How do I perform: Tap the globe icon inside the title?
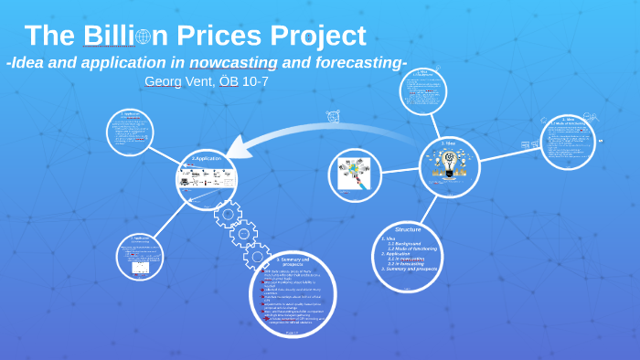pyautogui.click(x=143, y=37)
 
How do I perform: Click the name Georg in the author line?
pyautogui.click(x=162, y=81)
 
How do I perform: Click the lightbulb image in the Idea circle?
pyautogui.click(x=449, y=163)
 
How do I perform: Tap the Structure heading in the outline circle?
pyautogui.click(x=408, y=229)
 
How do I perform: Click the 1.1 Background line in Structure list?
pyautogui.click(x=403, y=244)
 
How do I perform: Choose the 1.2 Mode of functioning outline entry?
pyautogui.click(x=412, y=249)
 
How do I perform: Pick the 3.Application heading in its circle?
pyautogui.click(x=207, y=159)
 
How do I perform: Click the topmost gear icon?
pyautogui.click(x=228, y=214)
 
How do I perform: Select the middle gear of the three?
pyautogui.click(x=243, y=234)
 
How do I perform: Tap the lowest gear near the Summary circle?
pyautogui.click(x=257, y=256)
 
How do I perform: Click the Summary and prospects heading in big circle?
pyautogui.click(x=293, y=262)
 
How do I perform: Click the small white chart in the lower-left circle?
pyautogui.click(x=140, y=268)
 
